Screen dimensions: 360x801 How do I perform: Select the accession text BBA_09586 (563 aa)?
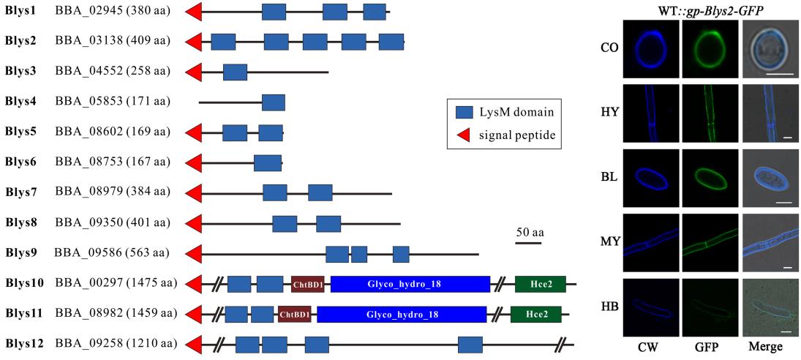112,253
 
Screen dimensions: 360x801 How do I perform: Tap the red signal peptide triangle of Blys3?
195,72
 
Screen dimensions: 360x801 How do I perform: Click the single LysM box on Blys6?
268,162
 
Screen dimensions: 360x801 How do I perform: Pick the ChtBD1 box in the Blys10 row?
307,284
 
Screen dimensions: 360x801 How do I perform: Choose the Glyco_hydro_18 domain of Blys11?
402,314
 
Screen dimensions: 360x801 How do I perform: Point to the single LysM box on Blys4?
274,102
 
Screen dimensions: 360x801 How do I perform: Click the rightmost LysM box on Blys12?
470,345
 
